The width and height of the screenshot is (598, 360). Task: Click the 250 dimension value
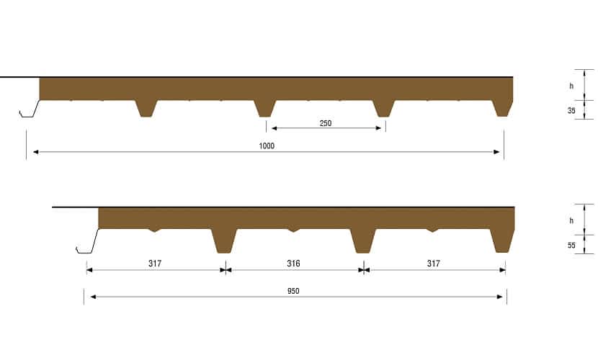[x=326, y=123]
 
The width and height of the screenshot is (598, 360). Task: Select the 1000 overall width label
[x=267, y=146]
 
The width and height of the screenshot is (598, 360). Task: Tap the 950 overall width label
[x=293, y=291]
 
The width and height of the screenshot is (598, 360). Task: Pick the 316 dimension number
[x=293, y=264]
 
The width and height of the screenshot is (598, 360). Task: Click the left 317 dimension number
[x=155, y=264]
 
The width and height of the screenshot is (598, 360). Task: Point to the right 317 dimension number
[x=434, y=264]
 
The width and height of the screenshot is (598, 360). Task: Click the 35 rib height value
[x=571, y=110]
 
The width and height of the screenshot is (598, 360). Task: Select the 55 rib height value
[x=571, y=246]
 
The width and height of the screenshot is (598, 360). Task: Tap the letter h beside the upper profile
[x=571, y=86]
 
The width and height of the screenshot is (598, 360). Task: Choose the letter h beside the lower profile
[x=571, y=220]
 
